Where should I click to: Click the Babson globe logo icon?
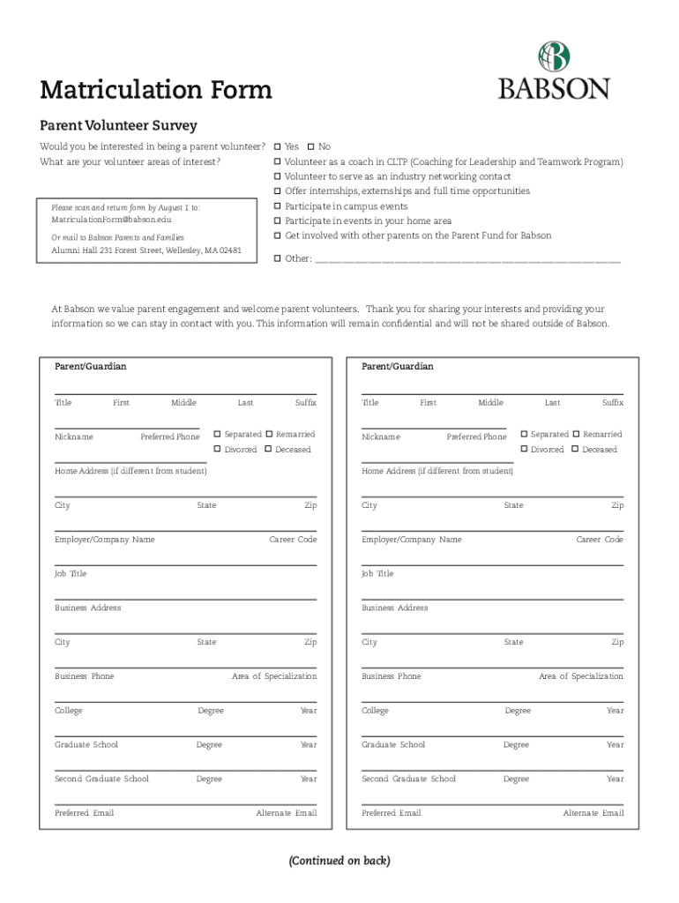coord(554,56)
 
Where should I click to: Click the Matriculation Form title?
coord(156,90)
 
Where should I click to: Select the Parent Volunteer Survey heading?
coord(118,126)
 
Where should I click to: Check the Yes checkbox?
coord(277,146)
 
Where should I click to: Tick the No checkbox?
coord(310,146)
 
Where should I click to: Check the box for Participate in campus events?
coord(277,206)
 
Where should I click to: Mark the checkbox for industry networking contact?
coord(277,176)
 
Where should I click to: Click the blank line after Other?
coord(467,259)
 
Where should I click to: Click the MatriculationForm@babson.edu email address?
coord(111,219)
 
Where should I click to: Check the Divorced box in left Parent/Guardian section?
coord(218,450)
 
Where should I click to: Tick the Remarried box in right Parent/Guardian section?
coord(576,435)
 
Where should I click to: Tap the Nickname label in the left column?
coord(74,437)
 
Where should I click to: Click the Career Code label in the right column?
coord(600,540)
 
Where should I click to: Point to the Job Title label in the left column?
coord(71,574)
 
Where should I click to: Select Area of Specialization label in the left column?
coord(273,676)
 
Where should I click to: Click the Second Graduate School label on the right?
coord(408,779)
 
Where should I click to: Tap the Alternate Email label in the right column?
coord(593,813)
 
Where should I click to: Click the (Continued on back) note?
coord(339,861)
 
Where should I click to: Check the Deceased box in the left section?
coord(269,450)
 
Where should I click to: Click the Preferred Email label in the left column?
coord(84,813)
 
